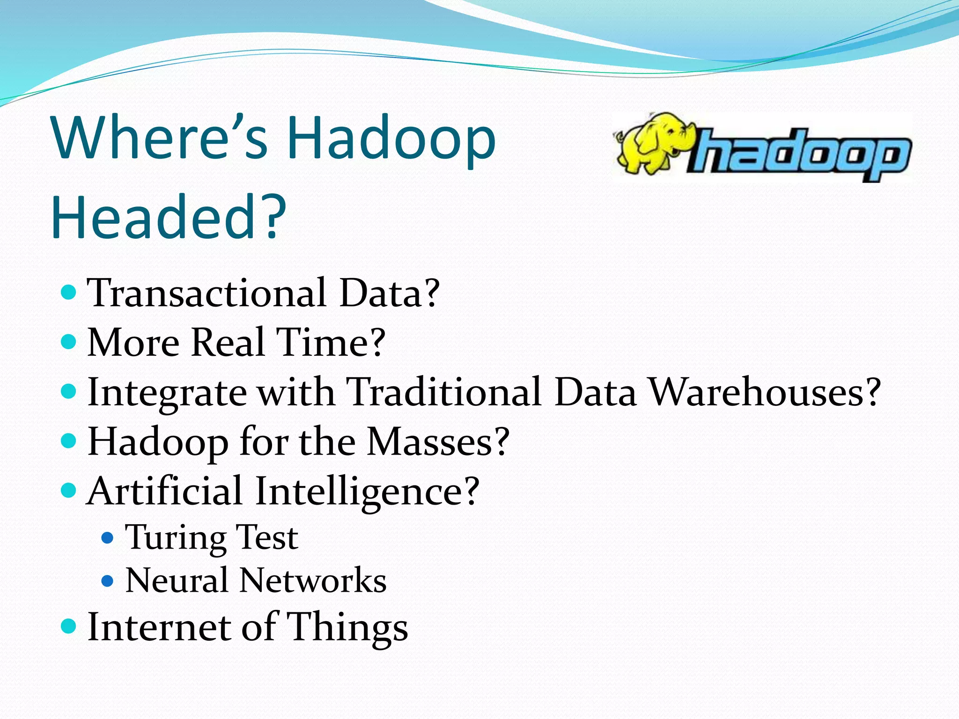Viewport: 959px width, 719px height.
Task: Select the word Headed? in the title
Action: (x=169, y=217)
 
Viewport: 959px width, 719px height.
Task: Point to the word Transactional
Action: (x=207, y=293)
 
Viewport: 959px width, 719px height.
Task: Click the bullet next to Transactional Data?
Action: (x=69, y=293)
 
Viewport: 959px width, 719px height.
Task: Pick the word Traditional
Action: (x=444, y=392)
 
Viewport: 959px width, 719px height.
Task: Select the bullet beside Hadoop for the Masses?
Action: (x=69, y=440)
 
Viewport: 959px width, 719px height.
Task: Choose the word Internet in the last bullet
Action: (x=159, y=627)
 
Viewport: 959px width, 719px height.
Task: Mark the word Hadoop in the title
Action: (x=391, y=138)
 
